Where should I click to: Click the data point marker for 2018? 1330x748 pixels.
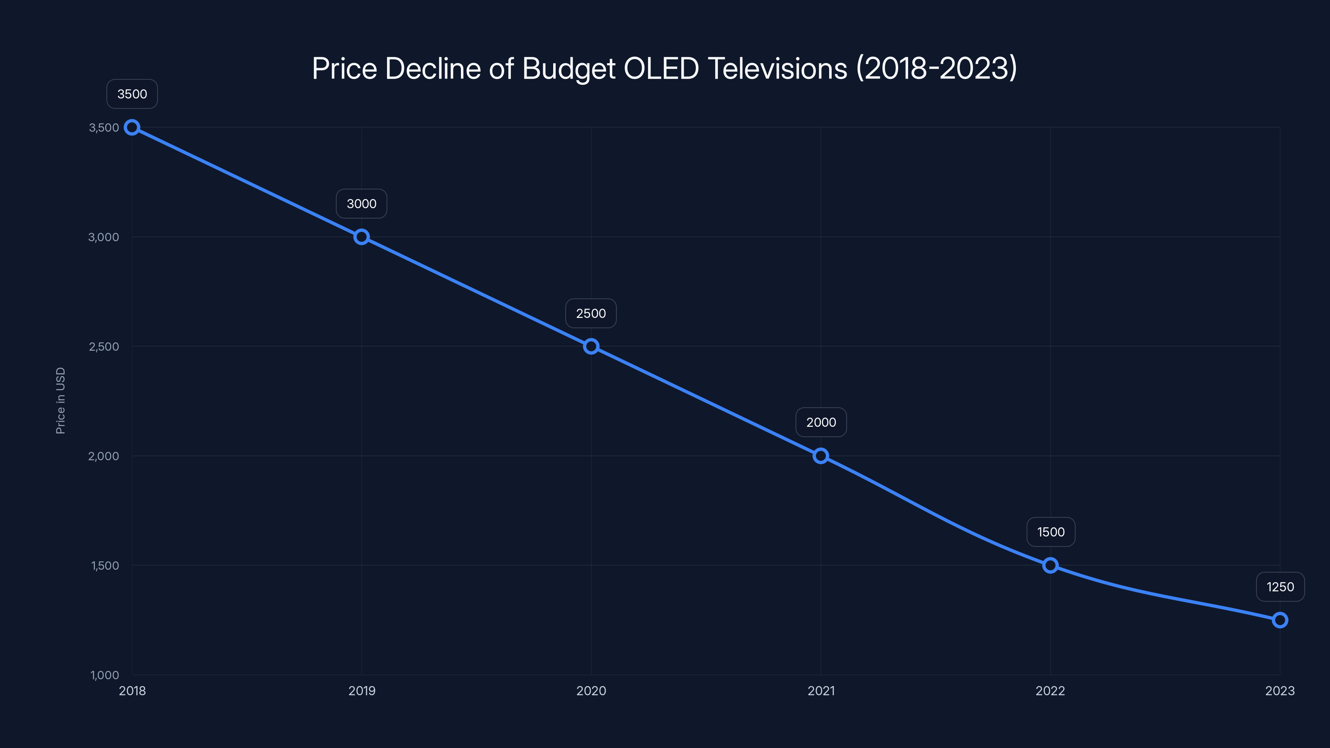tap(132, 128)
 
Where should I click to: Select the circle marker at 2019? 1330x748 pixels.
tap(362, 237)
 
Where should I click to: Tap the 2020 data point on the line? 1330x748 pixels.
tap(591, 347)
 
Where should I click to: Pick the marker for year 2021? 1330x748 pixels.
tap(821, 456)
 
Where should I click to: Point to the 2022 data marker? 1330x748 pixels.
tap(1050, 565)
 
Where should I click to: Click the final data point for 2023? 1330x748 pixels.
tap(1280, 620)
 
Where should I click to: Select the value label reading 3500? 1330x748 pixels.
tap(132, 94)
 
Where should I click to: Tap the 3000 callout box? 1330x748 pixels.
tap(362, 204)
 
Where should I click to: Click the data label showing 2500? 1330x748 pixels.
tap(591, 313)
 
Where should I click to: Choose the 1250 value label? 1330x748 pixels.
tap(1280, 587)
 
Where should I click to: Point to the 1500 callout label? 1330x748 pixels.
tap(1051, 532)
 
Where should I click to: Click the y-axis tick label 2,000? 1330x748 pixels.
tap(104, 456)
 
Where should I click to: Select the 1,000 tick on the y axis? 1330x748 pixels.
tap(105, 675)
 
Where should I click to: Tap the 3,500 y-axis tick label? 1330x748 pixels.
tap(104, 128)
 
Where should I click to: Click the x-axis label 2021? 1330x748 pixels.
tap(821, 691)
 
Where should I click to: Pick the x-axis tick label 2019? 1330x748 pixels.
tap(362, 691)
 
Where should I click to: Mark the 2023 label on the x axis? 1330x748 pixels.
tap(1280, 691)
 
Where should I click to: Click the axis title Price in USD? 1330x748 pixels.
tap(60, 401)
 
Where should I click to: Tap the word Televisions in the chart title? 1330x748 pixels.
tap(778, 69)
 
